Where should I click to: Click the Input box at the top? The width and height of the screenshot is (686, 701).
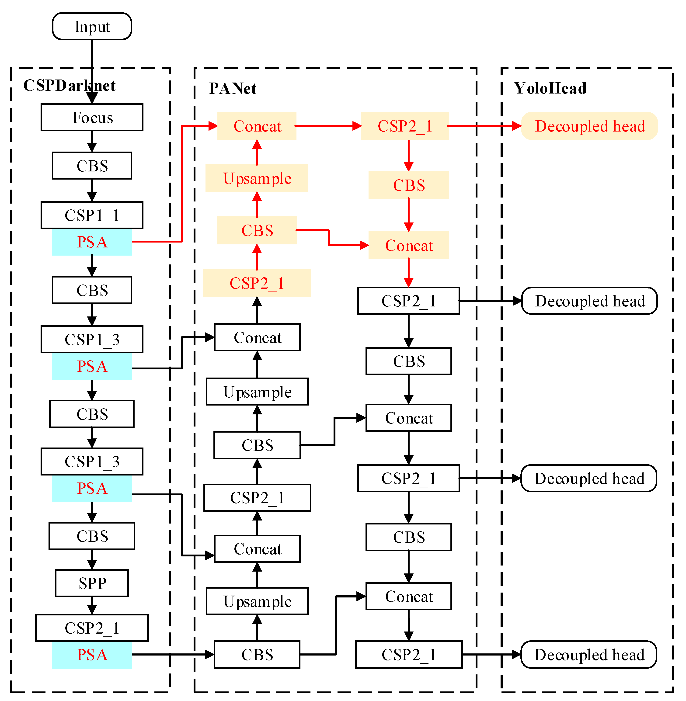coord(92,26)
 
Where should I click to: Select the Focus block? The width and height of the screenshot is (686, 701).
coord(92,118)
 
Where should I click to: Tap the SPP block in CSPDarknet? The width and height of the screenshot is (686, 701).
coord(92,583)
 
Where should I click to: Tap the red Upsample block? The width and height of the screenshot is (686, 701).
coord(257,178)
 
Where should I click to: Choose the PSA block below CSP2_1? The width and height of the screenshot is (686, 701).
coord(92,655)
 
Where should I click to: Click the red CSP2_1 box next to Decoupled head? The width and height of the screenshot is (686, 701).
coord(405,126)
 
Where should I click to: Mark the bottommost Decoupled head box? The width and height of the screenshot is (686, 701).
coord(589,655)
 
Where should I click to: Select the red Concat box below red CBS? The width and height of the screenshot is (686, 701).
coord(409,245)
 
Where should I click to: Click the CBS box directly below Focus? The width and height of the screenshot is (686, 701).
coord(92,166)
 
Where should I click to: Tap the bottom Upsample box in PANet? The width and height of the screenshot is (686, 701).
coord(257,601)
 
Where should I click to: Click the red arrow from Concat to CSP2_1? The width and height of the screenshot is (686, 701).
coord(328,126)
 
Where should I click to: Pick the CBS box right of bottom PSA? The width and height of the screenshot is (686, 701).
coord(257,655)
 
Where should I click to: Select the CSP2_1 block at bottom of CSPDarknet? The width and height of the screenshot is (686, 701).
coord(92,628)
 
